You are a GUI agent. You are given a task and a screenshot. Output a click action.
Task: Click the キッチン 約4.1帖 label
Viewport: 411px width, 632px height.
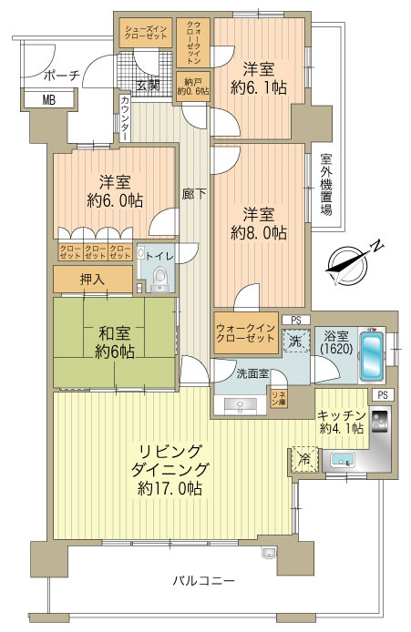(x=342, y=421)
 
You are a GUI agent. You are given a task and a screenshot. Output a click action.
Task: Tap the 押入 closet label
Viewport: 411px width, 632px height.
(x=92, y=280)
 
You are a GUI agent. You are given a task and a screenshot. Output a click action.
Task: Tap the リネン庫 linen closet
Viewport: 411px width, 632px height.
(x=278, y=396)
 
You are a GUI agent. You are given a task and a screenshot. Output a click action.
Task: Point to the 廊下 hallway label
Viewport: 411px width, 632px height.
(x=188, y=194)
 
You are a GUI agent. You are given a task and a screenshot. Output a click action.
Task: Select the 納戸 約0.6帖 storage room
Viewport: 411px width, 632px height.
(x=192, y=86)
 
